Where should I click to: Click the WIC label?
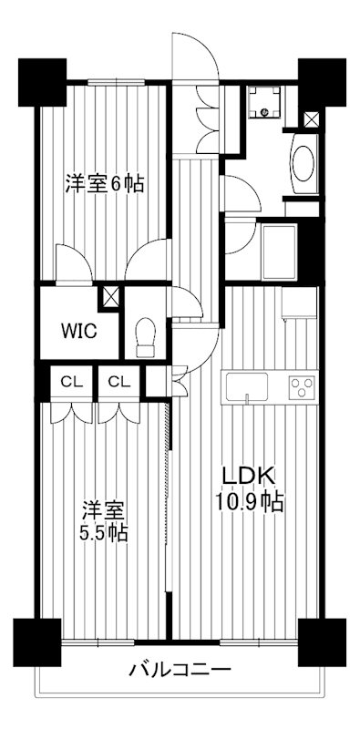pos(76,330)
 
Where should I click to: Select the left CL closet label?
pos(68,381)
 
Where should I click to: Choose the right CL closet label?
pos(118,381)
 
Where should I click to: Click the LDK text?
pos(242,476)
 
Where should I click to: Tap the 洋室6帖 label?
pos(103,182)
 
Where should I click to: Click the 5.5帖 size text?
pos(101,531)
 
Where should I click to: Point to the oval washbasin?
pos(302,162)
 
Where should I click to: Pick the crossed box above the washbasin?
pos(311,119)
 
